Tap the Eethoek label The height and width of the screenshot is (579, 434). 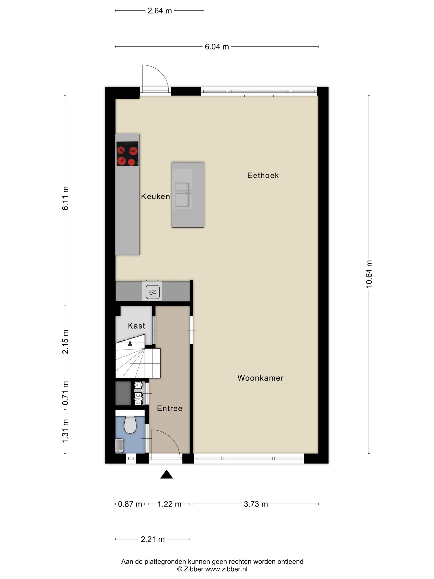pos(263,175)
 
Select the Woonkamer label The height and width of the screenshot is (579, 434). pos(260,378)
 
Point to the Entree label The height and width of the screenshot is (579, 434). pos(169,408)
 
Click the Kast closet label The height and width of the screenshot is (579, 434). pos(136,326)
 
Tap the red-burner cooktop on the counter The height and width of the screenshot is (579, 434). pos(127,154)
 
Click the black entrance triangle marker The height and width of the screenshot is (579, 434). pos(166,474)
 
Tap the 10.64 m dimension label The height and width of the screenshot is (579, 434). pos(369,274)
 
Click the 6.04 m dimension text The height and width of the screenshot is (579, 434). pos(217,47)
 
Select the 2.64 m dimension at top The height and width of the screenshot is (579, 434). pos(160,11)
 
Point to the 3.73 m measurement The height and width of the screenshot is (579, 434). pos(256,504)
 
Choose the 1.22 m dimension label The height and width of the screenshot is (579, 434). pos(169,504)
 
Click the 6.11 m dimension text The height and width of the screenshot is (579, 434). pos(65,198)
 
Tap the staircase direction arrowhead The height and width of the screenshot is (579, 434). pos(130,343)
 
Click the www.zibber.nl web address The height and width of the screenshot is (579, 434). pos(226,569)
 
